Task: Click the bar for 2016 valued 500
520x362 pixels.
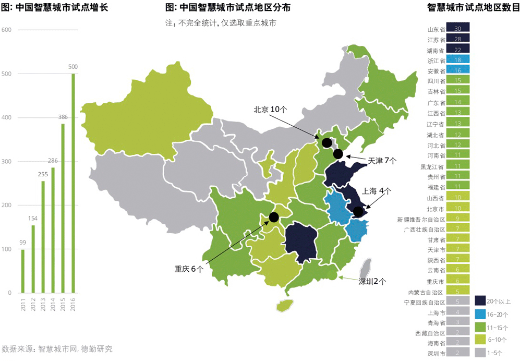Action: point(73,183)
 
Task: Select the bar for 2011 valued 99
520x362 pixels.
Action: point(22,271)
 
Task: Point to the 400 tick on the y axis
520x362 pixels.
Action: point(6,117)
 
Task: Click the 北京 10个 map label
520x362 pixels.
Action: point(270,110)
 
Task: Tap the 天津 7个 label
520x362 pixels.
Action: point(382,161)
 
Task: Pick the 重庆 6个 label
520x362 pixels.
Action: point(189,269)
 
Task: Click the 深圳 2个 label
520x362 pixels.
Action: point(372,282)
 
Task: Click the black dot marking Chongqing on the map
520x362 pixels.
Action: point(274,216)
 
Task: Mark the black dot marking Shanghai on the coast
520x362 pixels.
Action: point(358,211)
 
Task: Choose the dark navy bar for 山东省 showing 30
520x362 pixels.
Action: point(458,28)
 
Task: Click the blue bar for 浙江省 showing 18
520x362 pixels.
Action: point(458,60)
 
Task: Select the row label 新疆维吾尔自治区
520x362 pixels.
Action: point(421,219)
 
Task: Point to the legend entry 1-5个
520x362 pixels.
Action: point(495,353)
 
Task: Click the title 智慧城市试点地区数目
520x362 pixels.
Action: point(473,8)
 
